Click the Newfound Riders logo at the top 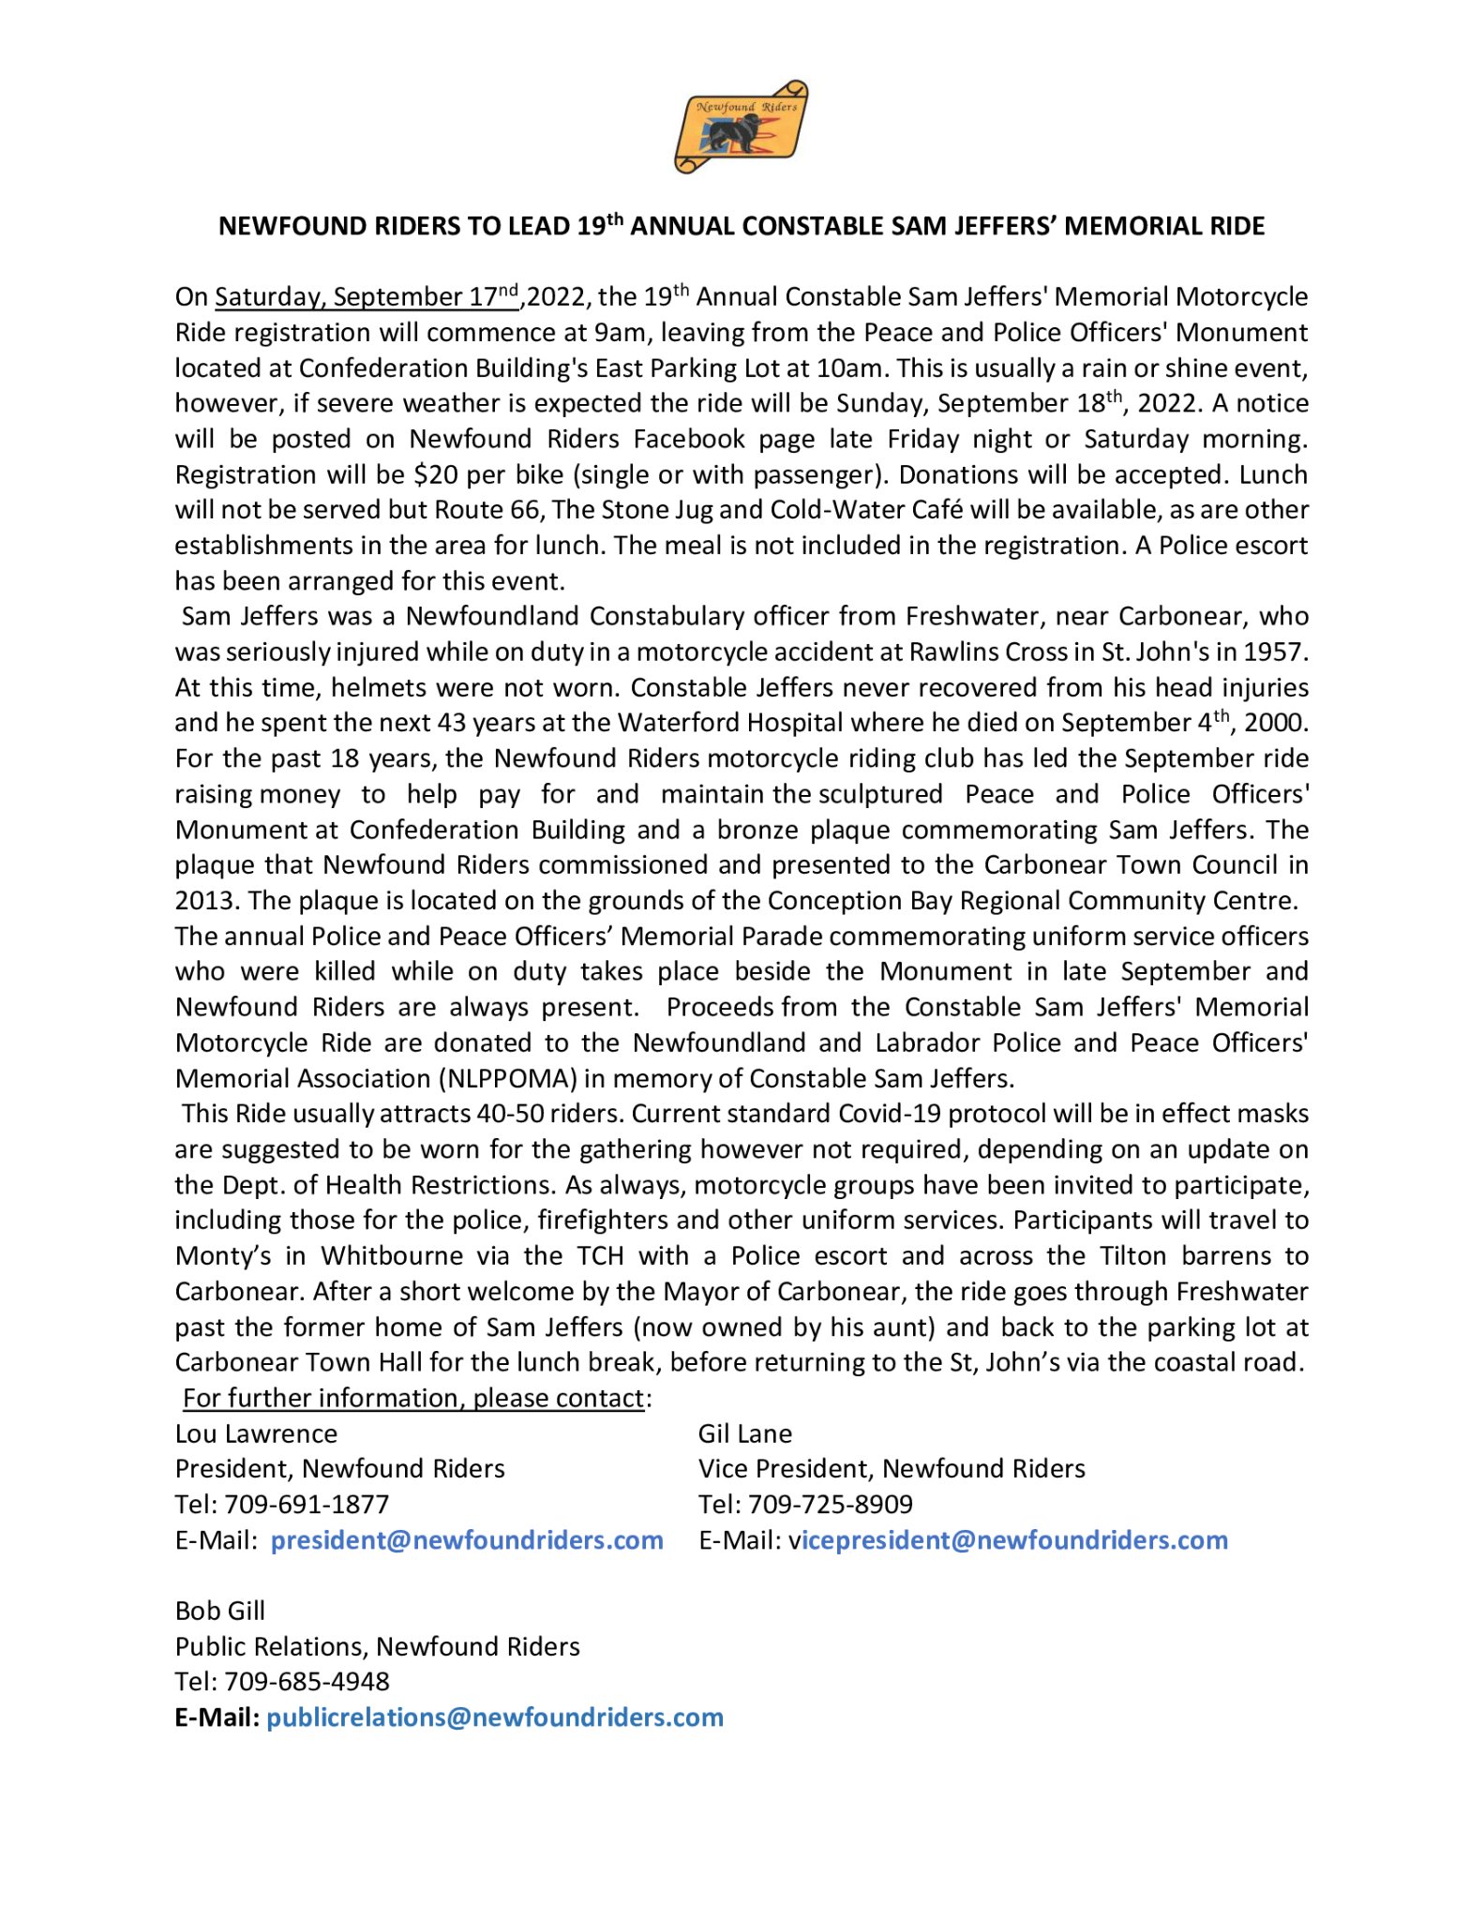click(x=741, y=127)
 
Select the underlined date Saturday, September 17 click(x=366, y=297)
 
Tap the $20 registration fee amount click(x=436, y=474)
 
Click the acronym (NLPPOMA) click(x=509, y=1078)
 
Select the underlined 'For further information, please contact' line click(x=413, y=1398)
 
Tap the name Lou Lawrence click(x=256, y=1433)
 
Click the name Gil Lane click(x=745, y=1433)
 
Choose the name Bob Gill click(x=220, y=1611)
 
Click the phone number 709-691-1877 click(x=307, y=1505)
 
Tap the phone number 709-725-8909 click(x=831, y=1505)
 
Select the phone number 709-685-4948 click(x=307, y=1682)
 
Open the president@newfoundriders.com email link click(x=467, y=1540)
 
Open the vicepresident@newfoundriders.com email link click(x=1009, y=1540)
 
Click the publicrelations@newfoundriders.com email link click(x=495, y=1717)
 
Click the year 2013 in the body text click(x=206, y=901)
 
